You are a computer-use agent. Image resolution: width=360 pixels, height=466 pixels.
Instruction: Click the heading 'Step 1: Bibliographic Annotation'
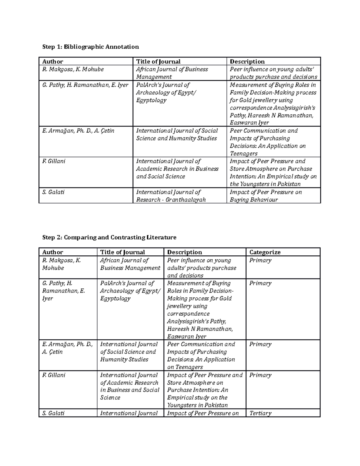tap(90, 47)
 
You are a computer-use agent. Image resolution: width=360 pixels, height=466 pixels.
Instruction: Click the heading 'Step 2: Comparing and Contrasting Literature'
tap(109, 237)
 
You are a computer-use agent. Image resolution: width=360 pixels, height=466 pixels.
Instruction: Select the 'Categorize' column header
tap(265, 252)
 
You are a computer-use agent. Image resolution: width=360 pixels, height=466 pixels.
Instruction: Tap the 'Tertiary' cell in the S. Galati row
tap(260, 413)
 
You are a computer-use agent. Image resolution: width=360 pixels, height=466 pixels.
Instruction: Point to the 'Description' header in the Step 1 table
tap(247, 62)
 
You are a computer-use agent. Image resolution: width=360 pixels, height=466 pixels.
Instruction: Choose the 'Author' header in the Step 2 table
tap(53, 252)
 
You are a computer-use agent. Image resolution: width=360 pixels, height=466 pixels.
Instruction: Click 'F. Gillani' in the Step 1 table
tap(54, 161)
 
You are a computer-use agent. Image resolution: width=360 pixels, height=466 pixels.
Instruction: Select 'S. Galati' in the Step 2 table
tap(53, 413)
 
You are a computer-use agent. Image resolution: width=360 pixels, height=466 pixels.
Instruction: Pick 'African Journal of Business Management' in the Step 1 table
tap(172, 73)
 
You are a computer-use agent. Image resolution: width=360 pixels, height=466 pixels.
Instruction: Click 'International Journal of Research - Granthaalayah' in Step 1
tap(171, 196)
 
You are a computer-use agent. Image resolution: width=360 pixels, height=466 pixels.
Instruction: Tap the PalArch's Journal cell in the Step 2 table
tap(130, 291)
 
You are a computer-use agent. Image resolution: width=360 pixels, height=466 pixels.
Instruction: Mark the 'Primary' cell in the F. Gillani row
tap(260, 375)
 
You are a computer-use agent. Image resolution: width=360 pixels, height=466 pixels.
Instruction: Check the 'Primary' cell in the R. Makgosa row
tap(260, 260)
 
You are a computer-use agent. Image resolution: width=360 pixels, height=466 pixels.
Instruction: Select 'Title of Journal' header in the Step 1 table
tap(158, 62)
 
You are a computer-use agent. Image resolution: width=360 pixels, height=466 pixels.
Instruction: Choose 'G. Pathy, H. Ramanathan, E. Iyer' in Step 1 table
tap(85, 85)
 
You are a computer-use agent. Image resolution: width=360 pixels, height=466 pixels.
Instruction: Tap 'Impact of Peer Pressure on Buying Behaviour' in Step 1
tap(265, 196)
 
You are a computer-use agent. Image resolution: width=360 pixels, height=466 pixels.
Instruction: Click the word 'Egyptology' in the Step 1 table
tap(151, 100)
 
